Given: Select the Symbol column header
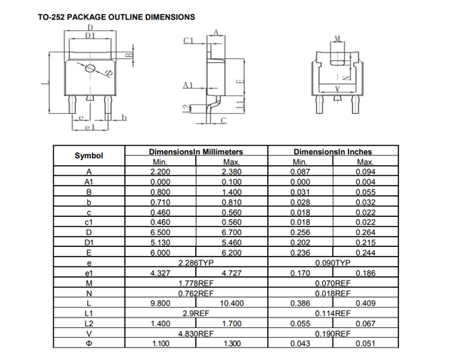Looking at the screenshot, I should coord(89,156).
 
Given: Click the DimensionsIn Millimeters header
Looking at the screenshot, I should coord(196,151).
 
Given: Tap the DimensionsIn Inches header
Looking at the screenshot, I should coord(333,151).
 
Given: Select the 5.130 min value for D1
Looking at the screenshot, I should coord(160,242).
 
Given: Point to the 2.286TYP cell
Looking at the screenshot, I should coord(195,262).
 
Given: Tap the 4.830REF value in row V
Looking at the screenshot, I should coord(195,333).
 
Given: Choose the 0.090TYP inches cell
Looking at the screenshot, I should coord(333,262).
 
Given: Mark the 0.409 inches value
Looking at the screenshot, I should coord(365,303).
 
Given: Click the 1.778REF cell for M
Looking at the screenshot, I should coord(195,283).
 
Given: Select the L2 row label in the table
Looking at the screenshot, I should coord(89,323).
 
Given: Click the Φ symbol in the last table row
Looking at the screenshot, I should coord(89,343).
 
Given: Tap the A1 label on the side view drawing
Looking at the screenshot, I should coord(186,85).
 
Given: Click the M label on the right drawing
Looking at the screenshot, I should coord(337,39).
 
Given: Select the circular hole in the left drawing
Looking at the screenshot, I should coord(89,68).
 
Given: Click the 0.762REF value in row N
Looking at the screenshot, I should coord(195,293).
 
